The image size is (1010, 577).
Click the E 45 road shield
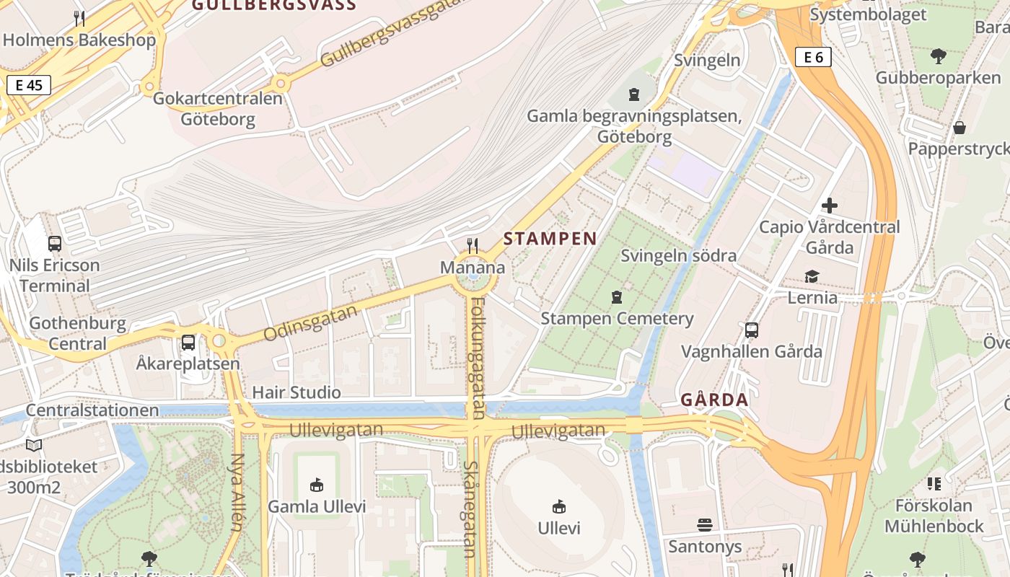pos(29,85)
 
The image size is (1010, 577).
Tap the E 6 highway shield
pos(813,57)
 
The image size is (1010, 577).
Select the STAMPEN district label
pos(550,239)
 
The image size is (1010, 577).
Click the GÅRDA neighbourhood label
pos(714,400)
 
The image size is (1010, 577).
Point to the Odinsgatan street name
pos(311,324)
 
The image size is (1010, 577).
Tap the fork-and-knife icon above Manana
pos(473,246)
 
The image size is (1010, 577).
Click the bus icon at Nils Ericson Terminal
pos(55,244)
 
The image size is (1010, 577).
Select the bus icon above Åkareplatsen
pos(188,343)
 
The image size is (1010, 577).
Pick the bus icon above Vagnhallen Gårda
pos(752,330)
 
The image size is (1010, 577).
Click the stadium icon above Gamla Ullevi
pos(317,485)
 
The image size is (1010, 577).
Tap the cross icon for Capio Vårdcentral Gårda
pos(830,206)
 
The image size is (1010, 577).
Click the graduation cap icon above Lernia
pos(812,277)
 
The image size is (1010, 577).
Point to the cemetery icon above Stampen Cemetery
pos(617,296)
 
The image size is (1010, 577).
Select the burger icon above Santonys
pos(705,524)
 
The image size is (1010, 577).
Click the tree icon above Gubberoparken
pos(938,56)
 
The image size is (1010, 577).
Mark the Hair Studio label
pos(296,392)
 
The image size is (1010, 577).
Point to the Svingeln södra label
pos(678,255)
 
